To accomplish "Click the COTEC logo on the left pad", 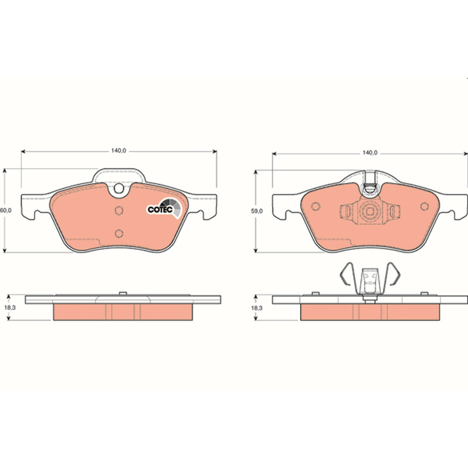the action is [x=164, y=208].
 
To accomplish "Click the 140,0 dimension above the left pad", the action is [x=119, y=151].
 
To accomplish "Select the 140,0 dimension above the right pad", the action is [x=370, y=153].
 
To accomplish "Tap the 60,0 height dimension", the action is [x=5, y=211].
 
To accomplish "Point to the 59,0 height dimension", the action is [x=257, y=211].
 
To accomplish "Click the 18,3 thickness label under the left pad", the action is [x=10, y=308].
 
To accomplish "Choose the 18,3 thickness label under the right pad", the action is [x=257, y=308].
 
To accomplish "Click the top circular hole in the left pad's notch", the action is [x=119, y=188].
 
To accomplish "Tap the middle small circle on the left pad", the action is [x=119, y=211].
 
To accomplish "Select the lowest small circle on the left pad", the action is [x=119, y=233].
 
